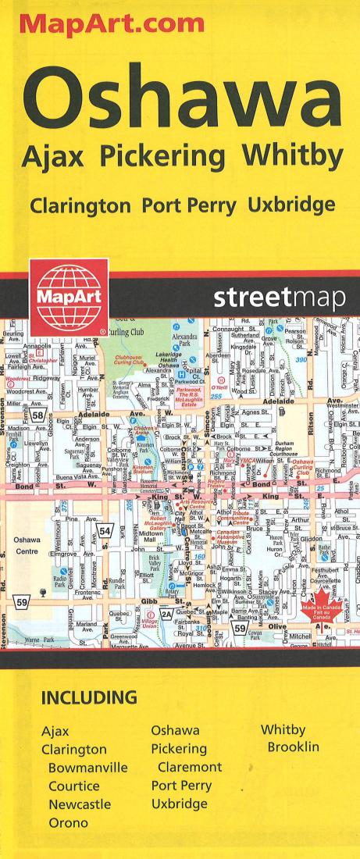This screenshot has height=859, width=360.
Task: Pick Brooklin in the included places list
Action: (293, 748)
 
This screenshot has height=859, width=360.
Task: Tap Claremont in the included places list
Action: (190, 768)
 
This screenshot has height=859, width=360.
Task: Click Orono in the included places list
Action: (69, 822)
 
